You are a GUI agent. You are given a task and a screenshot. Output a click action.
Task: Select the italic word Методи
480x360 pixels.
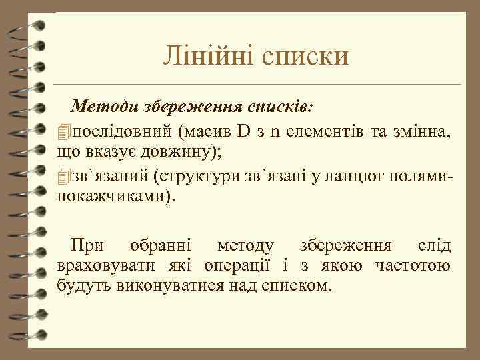[x=102, y=105]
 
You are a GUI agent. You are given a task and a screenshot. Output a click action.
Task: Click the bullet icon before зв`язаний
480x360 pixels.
[x=63, y=178]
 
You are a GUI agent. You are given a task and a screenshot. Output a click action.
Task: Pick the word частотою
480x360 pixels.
[x=413, y=267]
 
